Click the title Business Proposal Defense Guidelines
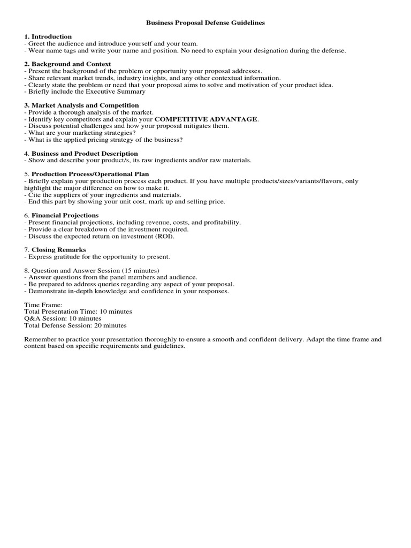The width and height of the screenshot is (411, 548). click(205, 24)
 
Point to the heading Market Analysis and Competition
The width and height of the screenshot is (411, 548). click(85, 105)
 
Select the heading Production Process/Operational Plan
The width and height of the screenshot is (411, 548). click(90, 174)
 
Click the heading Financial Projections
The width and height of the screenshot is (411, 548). click(65, 215)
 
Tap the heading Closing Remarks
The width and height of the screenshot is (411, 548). click(58, 250)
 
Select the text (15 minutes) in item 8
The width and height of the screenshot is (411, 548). click(141, 270)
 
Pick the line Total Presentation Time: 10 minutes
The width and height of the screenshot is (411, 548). click(78, 311)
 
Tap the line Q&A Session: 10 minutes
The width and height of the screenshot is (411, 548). click(63, 318)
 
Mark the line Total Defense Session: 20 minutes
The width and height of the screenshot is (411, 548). click(75, 325)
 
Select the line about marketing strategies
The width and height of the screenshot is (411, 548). click(80, 133)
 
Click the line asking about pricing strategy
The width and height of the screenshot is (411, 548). click(104, 140)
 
